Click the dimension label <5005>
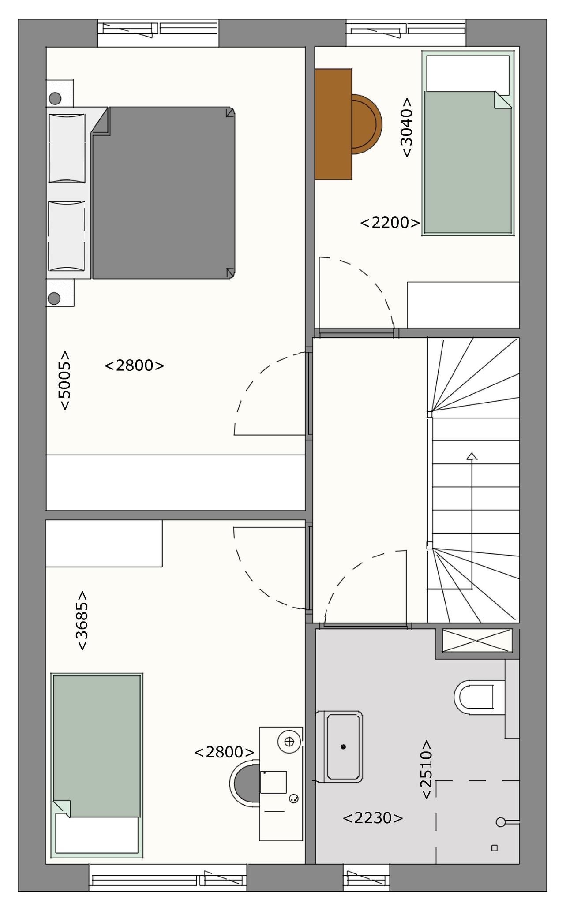(x=64, y=380)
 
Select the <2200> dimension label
(x=390, y=223)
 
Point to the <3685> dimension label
(x=82, y=620)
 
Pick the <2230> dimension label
(x=373, y=818)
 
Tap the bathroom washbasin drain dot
(x=343, y=746)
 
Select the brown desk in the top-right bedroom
(x=333, y=124)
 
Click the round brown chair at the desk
(x=367, y=124)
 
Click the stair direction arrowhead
(x=472, y=456)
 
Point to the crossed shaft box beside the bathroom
(x=477, y=640)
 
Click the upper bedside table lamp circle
(x=55, y=98)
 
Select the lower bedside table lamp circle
(x=54, y=299)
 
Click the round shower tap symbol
(x=501, y=822)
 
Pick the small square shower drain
(x=495, y=848)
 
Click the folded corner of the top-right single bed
(x=502, y=100)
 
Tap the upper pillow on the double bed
(x=67, y=148)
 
